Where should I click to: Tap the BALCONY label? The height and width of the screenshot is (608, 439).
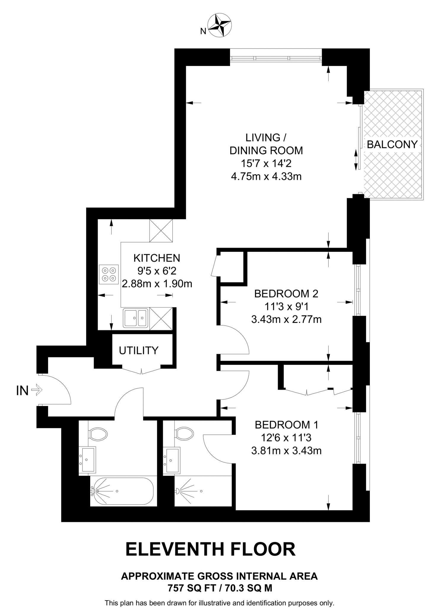click(x=392, y=145)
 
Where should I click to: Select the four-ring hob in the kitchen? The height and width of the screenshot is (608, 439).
click(x=109, y=275)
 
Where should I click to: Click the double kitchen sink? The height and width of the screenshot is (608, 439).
click(x=136, y=318)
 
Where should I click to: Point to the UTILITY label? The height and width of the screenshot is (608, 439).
click(x=139, y=351)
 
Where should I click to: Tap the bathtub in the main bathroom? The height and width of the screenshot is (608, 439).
click(x=122, y=491)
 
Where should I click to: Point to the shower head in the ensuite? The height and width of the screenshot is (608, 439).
click(x=177, y=491)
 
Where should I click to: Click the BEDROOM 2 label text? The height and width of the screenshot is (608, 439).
click(x=286, y=294)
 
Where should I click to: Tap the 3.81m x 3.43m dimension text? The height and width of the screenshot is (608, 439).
click(x=286, y=451)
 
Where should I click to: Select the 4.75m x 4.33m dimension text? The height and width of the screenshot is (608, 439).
click(x=266, y=177)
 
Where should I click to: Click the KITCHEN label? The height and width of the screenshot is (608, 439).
click(x=157, y=258)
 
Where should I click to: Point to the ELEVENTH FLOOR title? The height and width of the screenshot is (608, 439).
click(x=210, y=549)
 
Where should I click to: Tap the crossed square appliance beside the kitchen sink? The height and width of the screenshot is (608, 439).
click(x=161, y=318)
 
